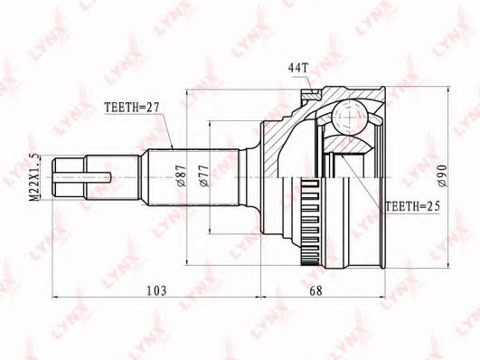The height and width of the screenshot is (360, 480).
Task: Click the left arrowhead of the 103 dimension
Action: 57,297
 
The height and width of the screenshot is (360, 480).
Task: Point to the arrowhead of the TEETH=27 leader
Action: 172,145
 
